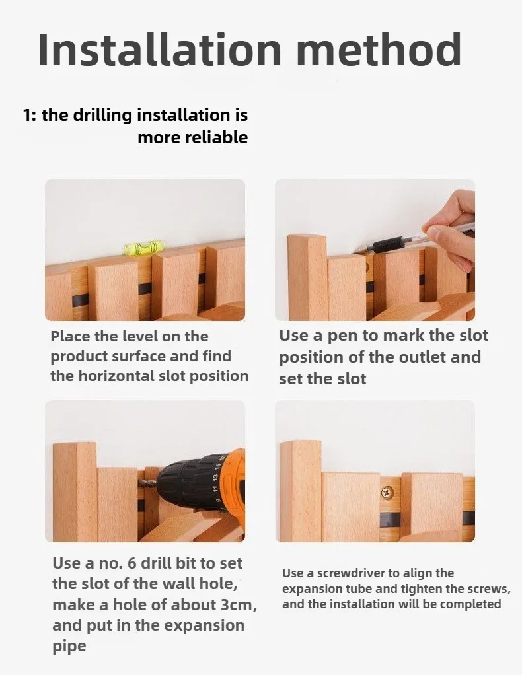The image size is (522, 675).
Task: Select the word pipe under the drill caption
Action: (x=69, y=646)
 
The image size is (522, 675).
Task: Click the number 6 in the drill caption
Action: (x=131, y=563)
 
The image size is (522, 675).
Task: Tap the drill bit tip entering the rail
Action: (x=140, y=484)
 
